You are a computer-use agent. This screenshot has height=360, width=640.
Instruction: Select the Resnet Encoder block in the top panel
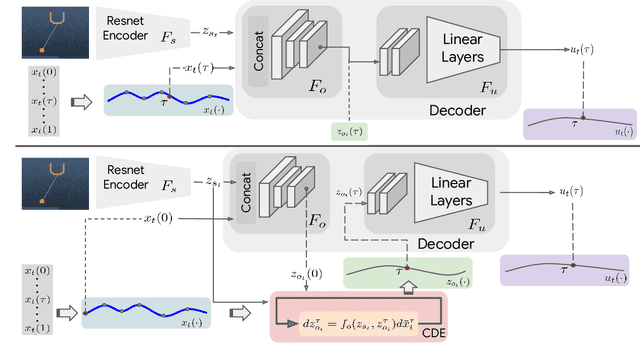136,29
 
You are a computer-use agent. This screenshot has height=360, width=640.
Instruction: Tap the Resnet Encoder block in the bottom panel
136,183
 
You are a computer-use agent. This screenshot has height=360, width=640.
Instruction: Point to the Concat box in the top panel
258,49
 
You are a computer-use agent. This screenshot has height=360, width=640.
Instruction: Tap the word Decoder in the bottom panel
445,243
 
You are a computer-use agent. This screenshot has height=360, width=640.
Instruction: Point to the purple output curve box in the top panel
579,124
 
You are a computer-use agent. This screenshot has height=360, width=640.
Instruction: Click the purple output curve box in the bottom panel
566,269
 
